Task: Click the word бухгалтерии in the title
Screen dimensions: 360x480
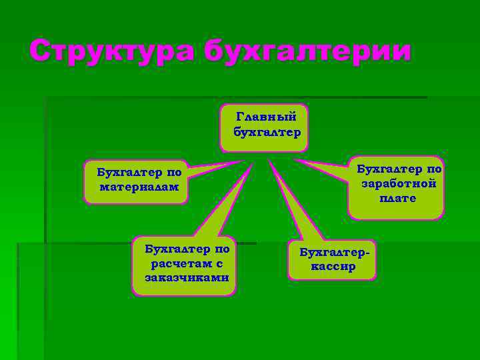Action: point(307,51)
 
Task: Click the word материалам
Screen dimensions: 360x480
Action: point(139,187)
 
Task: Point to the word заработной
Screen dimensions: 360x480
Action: point(398,183)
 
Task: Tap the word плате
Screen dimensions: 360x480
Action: point(398,198)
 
